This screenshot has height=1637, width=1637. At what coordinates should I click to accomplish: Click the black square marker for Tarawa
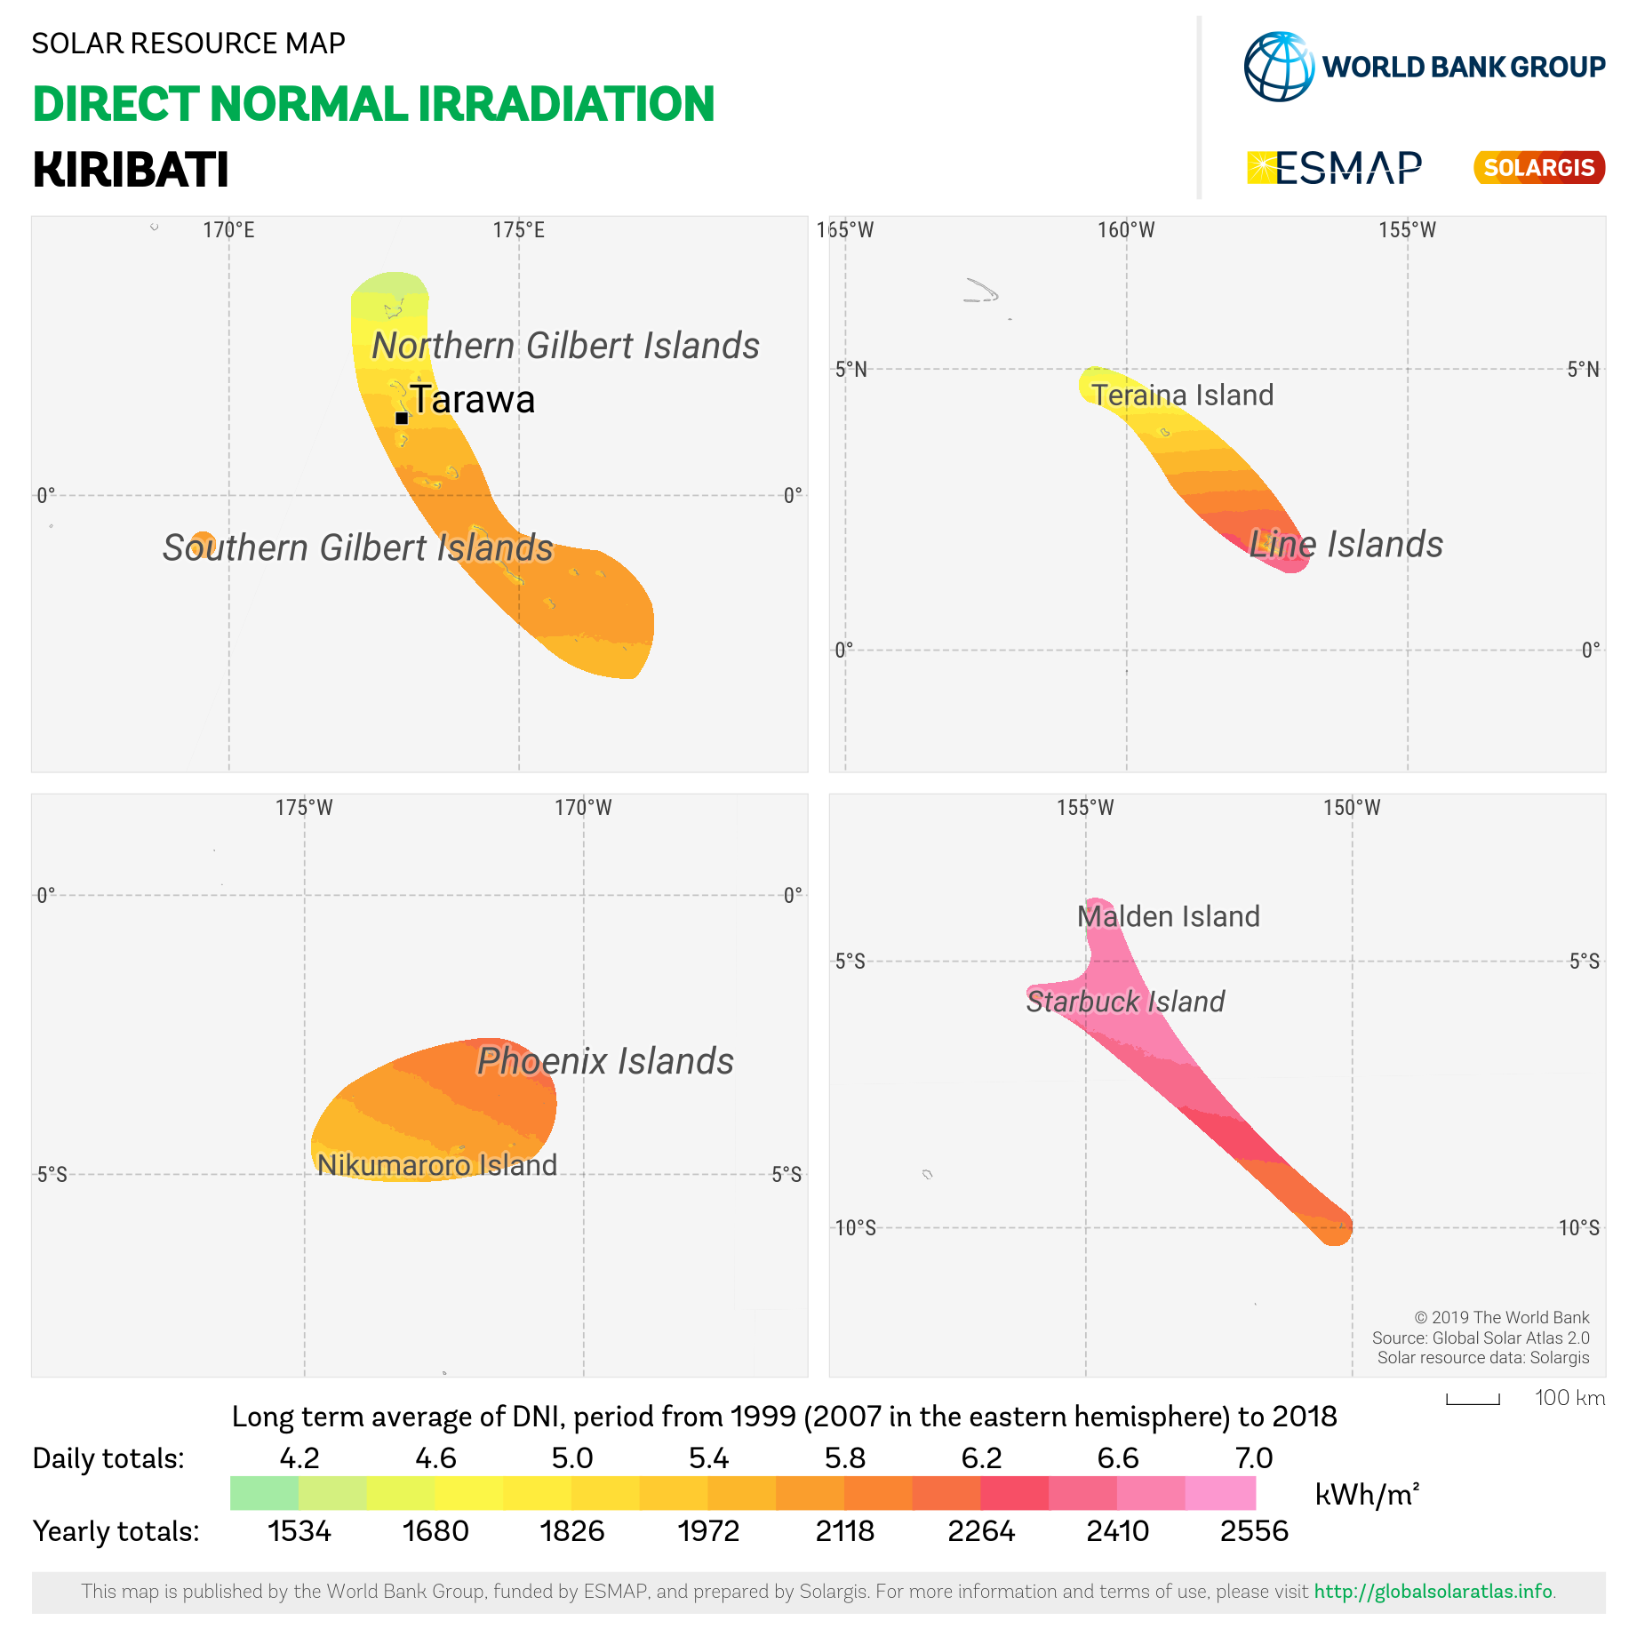pos(402,418)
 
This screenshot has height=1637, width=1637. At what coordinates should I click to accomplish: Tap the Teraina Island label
pos(1182,395)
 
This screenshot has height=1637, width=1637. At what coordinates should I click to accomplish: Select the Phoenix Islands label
pos(605,1061)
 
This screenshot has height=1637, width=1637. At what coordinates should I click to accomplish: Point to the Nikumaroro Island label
pos(437,1165)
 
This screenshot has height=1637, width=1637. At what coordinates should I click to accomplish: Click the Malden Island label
pos(1168,916)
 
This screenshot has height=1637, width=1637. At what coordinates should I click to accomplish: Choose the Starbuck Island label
pos(1125,1002)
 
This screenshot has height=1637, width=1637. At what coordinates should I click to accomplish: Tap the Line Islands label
pos(1346,544)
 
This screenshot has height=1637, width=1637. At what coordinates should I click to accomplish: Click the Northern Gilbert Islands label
pos(565,346)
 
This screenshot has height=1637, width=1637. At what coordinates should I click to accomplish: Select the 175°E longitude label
pos(518,230)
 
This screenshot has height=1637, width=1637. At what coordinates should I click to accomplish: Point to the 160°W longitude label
pos(1126,230)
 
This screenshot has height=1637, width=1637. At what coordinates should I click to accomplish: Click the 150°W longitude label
pos(1352,808)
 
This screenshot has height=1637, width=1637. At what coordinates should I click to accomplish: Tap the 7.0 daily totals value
pos(1254,1458)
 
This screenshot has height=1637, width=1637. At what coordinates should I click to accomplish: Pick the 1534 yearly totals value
pos(299,1531)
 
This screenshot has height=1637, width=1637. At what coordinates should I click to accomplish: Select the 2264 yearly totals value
pos(981,1531)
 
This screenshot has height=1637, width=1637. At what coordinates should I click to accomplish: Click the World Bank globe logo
pos(1279,67)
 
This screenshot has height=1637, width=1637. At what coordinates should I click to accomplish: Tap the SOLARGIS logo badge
pos(1539,167)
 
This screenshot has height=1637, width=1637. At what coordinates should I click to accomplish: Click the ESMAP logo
pos(1334,167)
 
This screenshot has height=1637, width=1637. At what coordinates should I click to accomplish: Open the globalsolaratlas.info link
pos(1433,1592)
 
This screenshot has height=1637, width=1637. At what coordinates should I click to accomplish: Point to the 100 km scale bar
pos(1473,1400)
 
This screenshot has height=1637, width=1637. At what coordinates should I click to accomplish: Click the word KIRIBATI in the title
pos(131,170)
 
